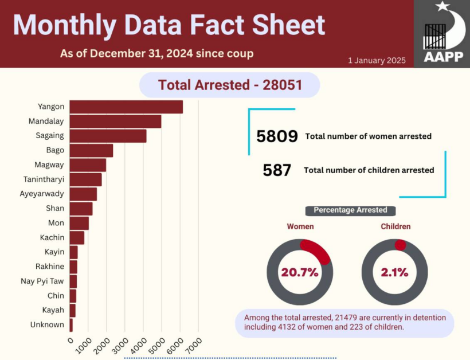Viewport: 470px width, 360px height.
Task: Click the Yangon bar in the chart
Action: tap(126, 107)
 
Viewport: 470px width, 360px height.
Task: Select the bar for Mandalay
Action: tap(115, 122)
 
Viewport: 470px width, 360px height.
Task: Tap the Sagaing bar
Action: tap(108, 136)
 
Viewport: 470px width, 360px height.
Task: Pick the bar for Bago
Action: tap(91, 151)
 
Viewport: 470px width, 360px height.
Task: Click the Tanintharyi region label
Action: tap(44, 179)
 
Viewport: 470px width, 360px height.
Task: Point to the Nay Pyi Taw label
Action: tap(42, 281)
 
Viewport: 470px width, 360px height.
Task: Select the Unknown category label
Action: tap(47, 324)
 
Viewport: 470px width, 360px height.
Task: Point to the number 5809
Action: tap(277, 136)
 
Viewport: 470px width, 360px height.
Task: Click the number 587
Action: tap(277, 170)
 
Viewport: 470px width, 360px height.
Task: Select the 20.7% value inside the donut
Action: tap(299, 272)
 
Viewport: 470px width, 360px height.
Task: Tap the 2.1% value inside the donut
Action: tap(394, 272)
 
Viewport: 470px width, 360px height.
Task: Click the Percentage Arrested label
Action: tap(350, 210)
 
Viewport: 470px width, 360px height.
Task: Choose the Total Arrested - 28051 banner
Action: tap(229, 85)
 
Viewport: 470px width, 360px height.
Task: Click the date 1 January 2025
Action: tap(377, 60)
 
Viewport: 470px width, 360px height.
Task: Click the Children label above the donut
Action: tap(395, 226)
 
